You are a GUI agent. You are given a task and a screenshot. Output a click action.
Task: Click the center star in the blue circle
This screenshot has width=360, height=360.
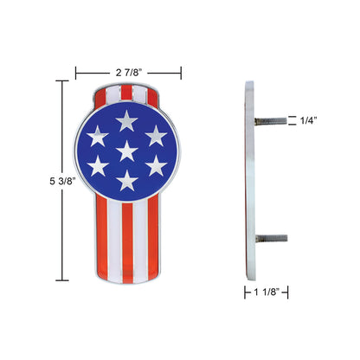tap(127, 151)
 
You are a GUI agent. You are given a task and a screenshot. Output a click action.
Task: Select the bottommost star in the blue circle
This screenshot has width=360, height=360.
tap(127, 180)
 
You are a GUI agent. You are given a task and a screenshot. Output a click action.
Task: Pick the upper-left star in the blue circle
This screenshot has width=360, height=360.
tap(99, 135)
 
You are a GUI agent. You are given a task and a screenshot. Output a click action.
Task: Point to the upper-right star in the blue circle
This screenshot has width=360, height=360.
tap(156, 135)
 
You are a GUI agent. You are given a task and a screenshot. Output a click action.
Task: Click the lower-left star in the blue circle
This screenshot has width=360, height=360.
tap(99, 164)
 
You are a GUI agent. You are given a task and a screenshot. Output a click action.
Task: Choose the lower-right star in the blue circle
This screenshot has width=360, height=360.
tap(156, 164)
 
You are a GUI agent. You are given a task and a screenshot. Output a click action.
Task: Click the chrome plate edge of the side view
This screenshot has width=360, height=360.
tap(249, 180)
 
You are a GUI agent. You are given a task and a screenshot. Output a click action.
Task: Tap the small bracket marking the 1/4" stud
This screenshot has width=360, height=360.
tap(292, 122)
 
